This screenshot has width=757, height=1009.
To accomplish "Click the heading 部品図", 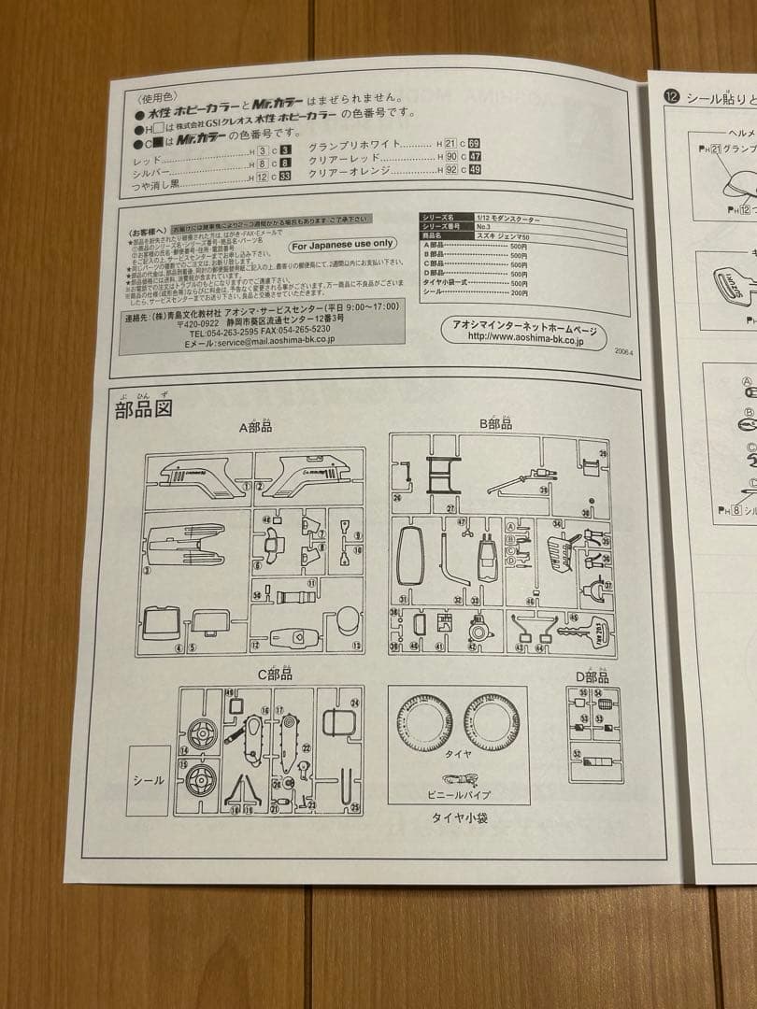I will click(x=144, y=409).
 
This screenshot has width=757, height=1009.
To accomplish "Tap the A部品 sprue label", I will click(x=255, y=427).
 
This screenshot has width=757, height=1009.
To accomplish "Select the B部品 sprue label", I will click(x=495, y=424).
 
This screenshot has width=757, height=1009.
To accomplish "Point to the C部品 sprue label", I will click(x=275, y=674).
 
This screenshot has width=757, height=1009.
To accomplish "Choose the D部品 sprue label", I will click(x=593, y=676).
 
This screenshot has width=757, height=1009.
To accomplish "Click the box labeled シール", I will click(x=148, y=780).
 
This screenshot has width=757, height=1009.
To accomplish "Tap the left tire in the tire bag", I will click(x=423, y=723).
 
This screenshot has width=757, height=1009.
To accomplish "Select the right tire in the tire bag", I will click(x=492, y=723).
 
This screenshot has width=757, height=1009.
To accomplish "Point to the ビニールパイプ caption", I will click(x=458, y=794).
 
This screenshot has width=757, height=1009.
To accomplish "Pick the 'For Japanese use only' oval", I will click(x=342, y=244).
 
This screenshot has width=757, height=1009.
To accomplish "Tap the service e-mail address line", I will click(x=259, y=341).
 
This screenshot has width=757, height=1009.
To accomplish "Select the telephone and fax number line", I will click(x=259, y=331).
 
